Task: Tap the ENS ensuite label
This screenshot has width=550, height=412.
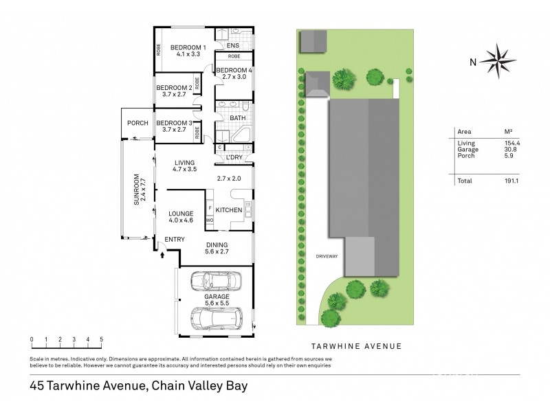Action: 233,45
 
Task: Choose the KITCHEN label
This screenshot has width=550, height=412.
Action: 228,209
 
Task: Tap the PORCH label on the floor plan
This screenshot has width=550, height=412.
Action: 137,123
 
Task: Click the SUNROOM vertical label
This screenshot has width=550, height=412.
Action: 137,190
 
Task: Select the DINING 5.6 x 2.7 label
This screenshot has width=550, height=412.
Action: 217,249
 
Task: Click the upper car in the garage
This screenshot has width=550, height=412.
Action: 215,281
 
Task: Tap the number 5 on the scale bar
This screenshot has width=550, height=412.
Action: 101,339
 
